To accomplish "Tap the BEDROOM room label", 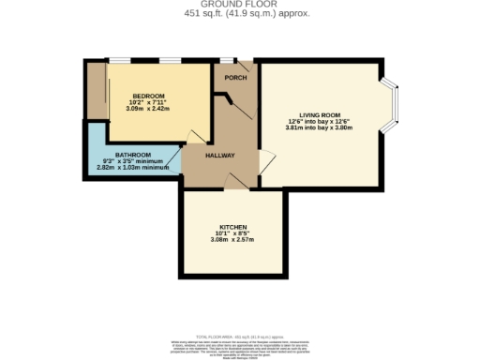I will (148, 97).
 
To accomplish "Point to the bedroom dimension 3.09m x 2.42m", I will (148, 110).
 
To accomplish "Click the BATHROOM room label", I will (133, 154).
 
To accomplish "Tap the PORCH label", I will (235, 77).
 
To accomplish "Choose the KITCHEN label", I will (232, 228).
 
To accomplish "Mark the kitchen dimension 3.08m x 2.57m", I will (232, 241).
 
